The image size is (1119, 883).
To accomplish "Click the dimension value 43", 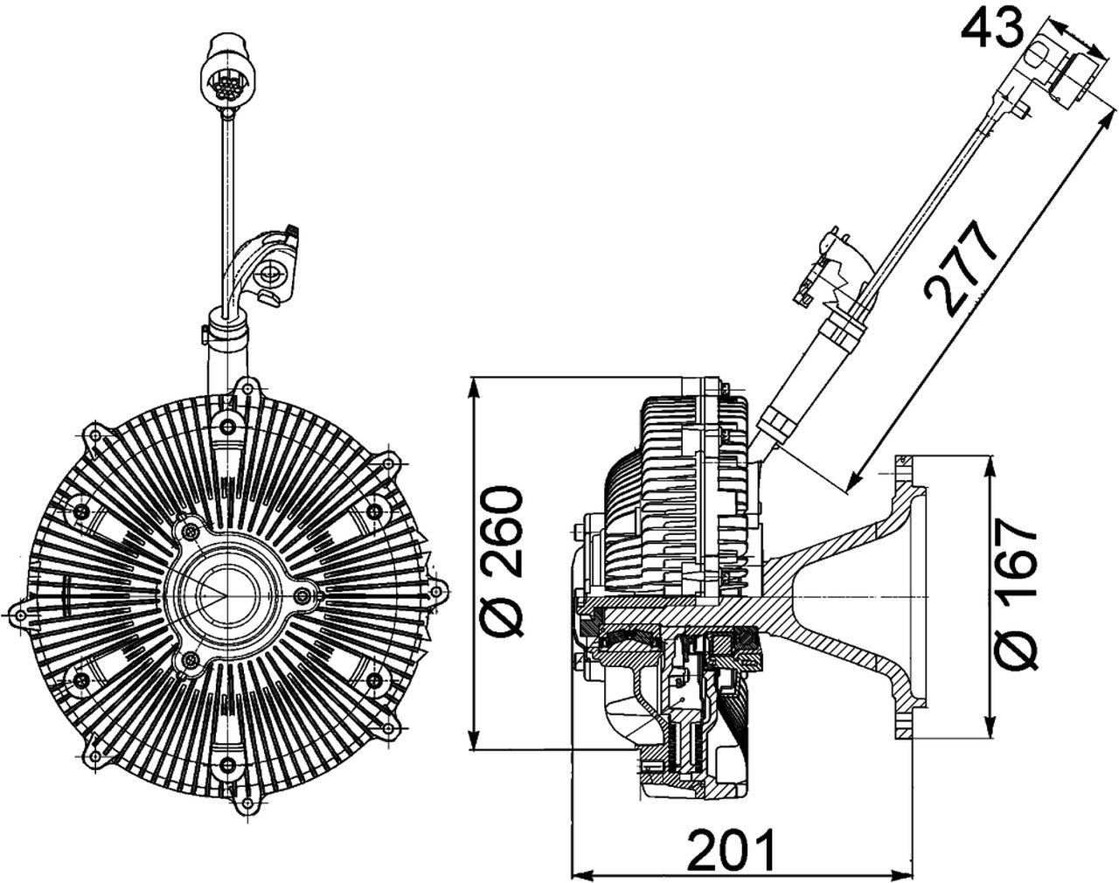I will point(991,29).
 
